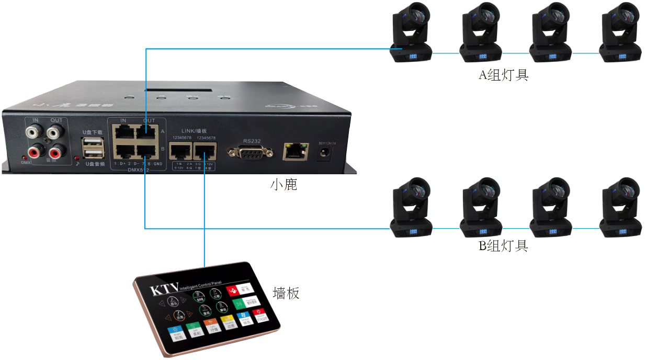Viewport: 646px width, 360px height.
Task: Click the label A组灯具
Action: (x=504, y=75)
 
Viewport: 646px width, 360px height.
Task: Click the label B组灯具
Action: (x=504, y=245)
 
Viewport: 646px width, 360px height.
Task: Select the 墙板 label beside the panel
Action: (x=286, y=293)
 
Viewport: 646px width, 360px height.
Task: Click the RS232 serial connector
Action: (x=250, y=152)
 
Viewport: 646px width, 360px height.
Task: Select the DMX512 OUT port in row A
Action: (x=148, y=132)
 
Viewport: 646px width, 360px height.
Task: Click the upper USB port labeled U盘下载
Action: (x=93, y=142)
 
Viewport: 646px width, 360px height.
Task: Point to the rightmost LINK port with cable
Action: (x=205, y=152)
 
